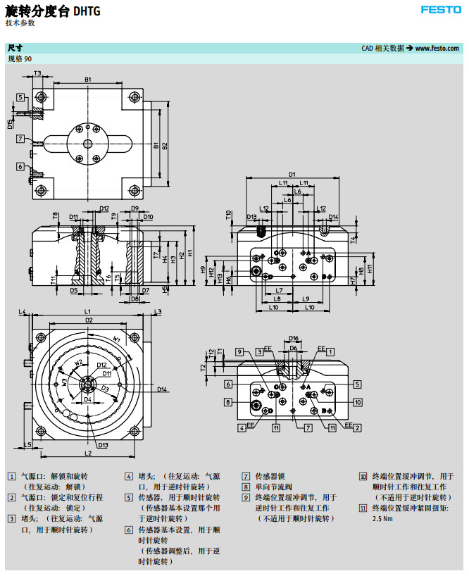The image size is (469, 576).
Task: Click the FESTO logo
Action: pyautogui.click(x=440, y=10)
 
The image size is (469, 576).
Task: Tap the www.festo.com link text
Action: pyautogui.click(x=437, y=49)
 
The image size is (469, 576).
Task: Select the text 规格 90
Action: pyautogui.click(x=19, y=59)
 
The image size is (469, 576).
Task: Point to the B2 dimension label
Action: pyautogui.click(x=165, y=146)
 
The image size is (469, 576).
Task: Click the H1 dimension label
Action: pyautogui.click(x=190, y=254)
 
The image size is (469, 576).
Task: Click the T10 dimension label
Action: pyautogui.click(x=229, y=213)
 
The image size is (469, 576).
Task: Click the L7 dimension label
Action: pyautogui.click(x=279, y=290)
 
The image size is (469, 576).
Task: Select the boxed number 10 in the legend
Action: pyautogui.click(x=363, y=476)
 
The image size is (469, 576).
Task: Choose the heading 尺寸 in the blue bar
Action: pyautogui.click(x=14, y=49)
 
